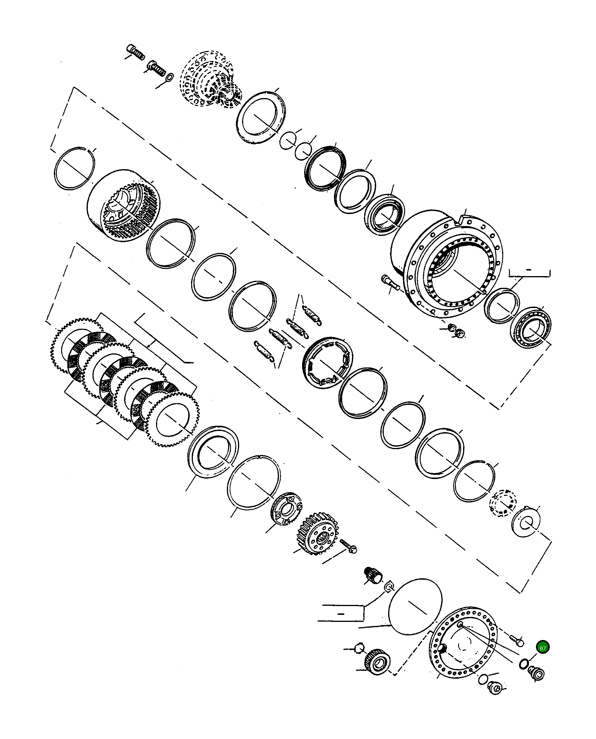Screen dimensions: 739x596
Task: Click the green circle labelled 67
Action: (542, 648)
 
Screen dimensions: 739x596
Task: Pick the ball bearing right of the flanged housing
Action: (531, 328)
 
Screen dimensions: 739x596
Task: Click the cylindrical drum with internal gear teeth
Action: (124, 206)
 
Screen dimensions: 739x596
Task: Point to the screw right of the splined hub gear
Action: (348, 546)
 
